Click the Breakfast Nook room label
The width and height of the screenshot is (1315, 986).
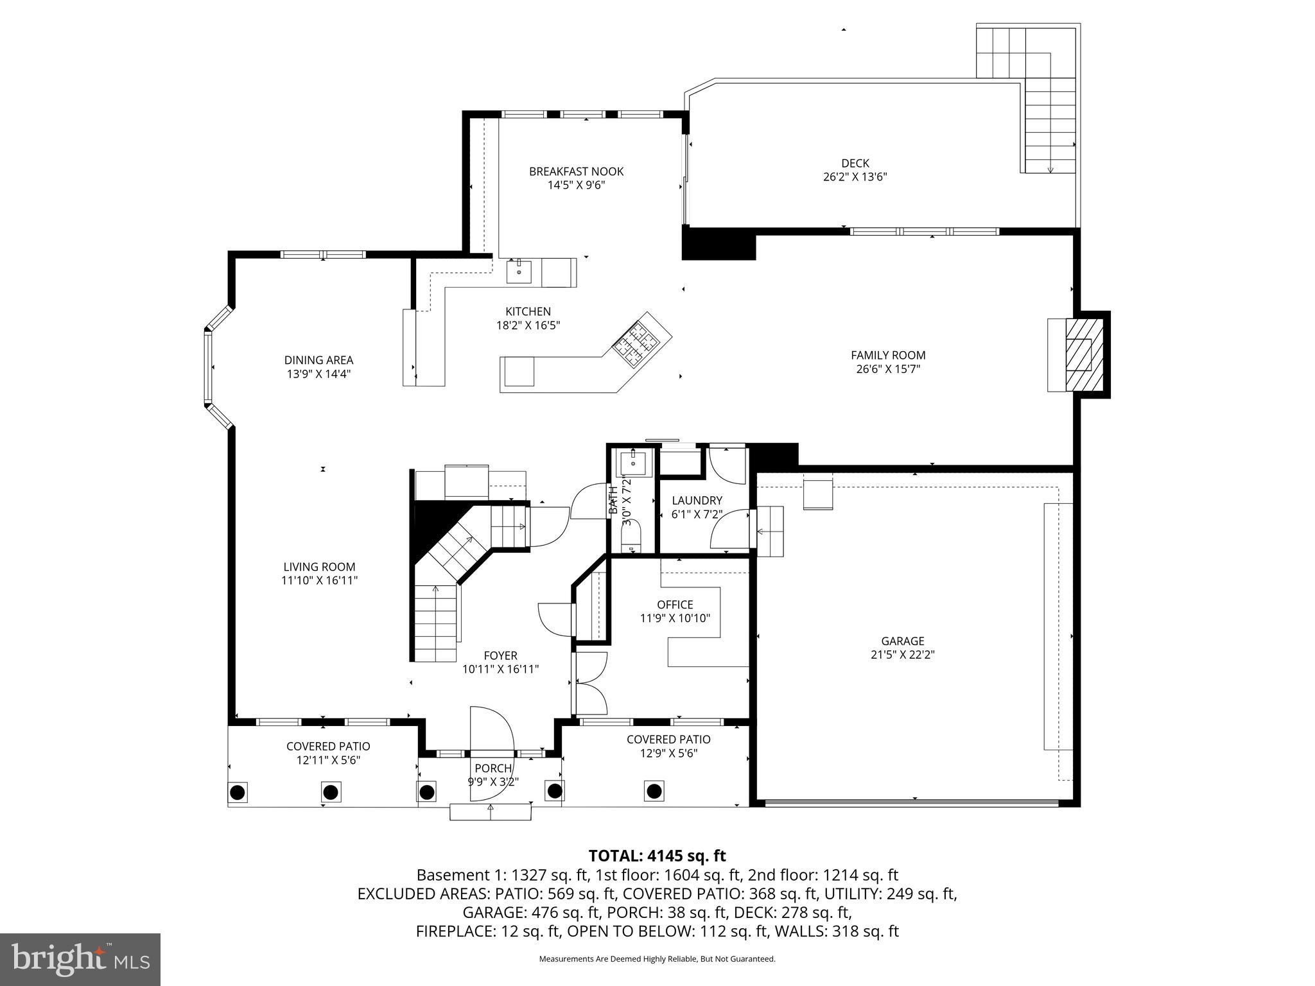(576, 171)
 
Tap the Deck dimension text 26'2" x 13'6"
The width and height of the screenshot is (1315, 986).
(855, 177)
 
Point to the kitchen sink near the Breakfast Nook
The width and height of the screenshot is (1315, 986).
(519, 272)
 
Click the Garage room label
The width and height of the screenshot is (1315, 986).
(902, 641)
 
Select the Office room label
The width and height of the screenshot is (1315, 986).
(675, 605)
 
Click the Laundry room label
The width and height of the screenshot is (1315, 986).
(697, 501)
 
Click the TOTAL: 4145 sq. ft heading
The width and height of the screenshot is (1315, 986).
(657, 856)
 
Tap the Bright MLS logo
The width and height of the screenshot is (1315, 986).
(80, 959)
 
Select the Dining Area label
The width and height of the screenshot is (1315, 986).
(318, 360)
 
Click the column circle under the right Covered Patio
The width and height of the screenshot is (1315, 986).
(654, 790)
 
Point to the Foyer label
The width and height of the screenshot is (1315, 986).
(500, 655)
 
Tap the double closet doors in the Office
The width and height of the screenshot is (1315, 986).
(590, 683)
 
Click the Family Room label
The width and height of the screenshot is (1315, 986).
(888, 355)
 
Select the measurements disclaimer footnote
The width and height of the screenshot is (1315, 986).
(657, 959)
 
